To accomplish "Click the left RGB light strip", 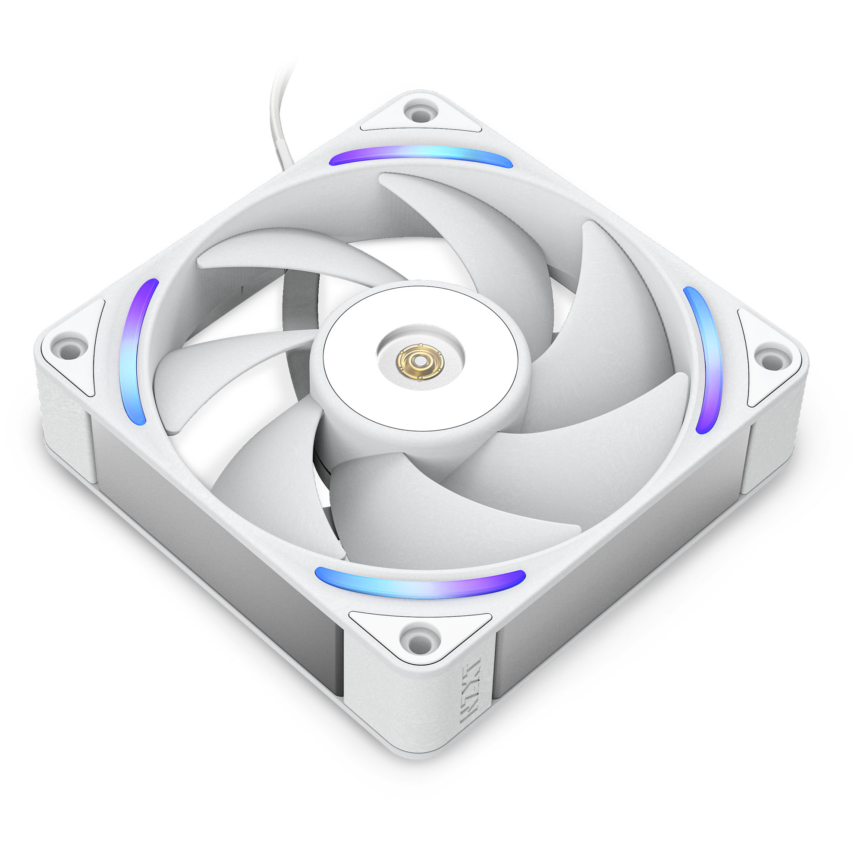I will (138, 352).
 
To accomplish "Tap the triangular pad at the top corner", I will (420, 116).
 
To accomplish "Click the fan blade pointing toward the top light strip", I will (477, 230).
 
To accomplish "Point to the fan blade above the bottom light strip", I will (442, 509).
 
